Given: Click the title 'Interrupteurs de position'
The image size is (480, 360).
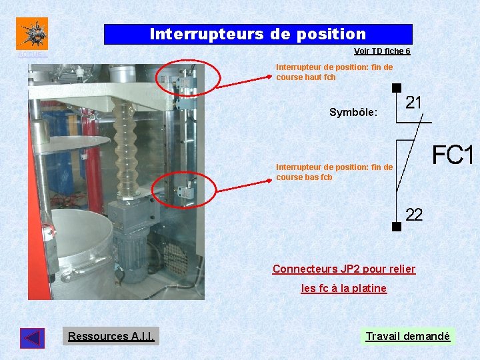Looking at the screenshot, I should point(257,34).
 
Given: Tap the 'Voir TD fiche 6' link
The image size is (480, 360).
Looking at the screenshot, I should point(381,51).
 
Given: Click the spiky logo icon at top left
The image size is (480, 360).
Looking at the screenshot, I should point(32,33).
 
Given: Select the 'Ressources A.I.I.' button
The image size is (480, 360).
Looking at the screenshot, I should point(111,336).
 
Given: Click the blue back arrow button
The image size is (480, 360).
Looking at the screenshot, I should point(32,338).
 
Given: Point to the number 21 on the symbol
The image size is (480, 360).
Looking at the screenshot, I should point(413,102).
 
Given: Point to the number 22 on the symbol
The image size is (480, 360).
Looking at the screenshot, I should point(414,215).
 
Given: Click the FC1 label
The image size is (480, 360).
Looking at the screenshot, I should point(452,156).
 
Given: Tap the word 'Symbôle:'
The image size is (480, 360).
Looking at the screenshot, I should point(353,113).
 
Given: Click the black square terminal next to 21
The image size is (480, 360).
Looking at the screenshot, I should point(396,87).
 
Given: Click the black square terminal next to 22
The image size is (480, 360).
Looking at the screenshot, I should point(396,227).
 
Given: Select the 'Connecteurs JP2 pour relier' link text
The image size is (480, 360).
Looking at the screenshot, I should point(343,269).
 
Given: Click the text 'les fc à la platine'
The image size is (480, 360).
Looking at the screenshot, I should point(343,289).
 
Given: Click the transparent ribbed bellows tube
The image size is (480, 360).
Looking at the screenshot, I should point(125,147).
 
